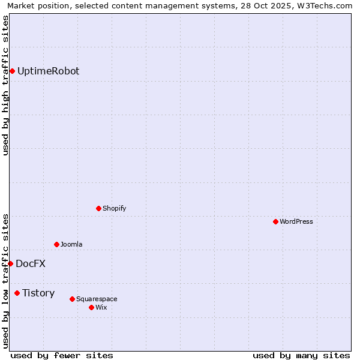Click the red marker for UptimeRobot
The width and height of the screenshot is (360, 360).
point(12,71)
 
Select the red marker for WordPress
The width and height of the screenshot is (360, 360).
point(275,222)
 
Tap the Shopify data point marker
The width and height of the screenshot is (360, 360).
point(98,209)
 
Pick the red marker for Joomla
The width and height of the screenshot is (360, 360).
point(56,245)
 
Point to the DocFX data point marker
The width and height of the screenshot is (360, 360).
point(10,264)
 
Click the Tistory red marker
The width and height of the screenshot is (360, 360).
point(17,293)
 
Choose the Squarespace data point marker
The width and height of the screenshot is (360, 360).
point(72,299)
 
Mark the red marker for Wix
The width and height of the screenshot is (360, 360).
point(91,308)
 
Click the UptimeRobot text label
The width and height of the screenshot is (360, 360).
point(48,71)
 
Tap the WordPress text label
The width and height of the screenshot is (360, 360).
point(296,222)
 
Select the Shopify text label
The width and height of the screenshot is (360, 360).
point(114,209)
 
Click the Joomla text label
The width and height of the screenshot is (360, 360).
point(71,245)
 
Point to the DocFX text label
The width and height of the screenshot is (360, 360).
point(31,264)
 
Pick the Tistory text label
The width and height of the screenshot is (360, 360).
point(38,293)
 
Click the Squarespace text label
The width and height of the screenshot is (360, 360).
point(97,299)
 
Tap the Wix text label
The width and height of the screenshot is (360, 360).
point(101,308)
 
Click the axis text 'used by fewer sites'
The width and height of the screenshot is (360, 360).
point(62,356)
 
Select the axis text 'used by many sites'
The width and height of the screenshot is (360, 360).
point(301,356)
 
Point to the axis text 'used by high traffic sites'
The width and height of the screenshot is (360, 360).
point(6,85)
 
